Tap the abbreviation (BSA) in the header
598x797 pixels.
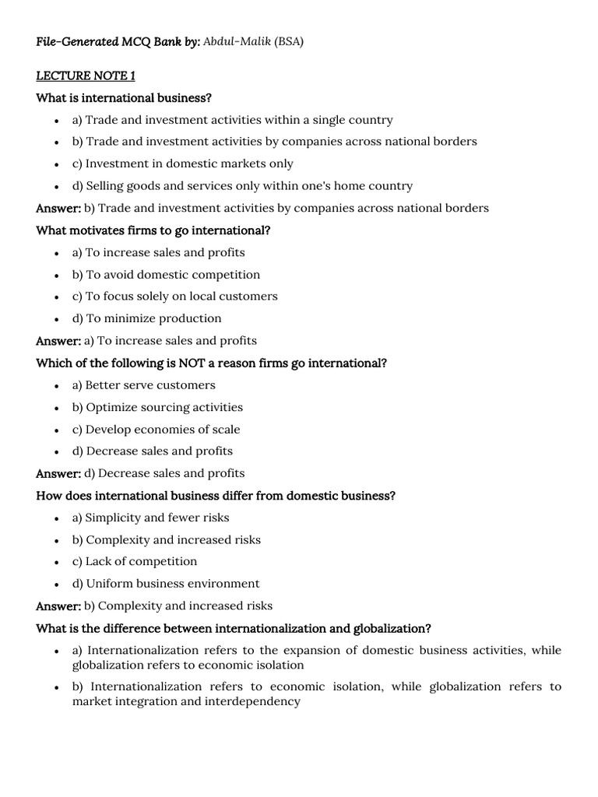(x=288, y=41)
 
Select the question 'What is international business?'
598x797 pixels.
(x=124, y=97)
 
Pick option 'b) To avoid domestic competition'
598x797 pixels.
(x=167, y=274)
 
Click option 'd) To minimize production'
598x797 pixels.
(x=147, y=318)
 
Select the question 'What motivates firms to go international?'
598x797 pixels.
(x=153, y=230)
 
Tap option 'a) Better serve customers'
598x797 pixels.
(x=144, y=384)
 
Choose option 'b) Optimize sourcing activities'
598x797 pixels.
(x=158, y=407)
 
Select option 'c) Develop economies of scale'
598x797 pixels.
(x=157, y=429)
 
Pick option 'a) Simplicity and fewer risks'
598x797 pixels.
(x=151, y=518)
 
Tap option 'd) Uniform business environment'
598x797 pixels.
(x=167, y=583)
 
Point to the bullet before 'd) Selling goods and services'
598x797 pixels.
(x=58, y=186)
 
